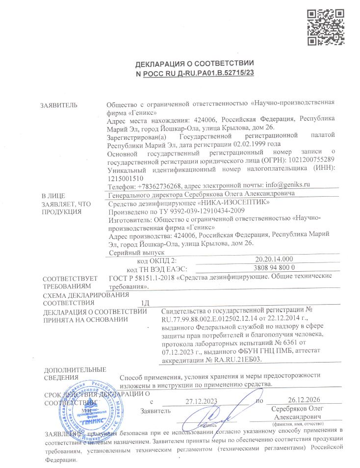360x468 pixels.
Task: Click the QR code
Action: coord(326,26)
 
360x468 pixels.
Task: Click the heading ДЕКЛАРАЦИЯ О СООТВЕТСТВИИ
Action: coord(195,65)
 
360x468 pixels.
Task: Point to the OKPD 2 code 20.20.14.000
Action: coord(274,259)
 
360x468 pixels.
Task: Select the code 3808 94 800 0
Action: coord(274,268)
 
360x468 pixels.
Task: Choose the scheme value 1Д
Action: coord(145,303)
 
